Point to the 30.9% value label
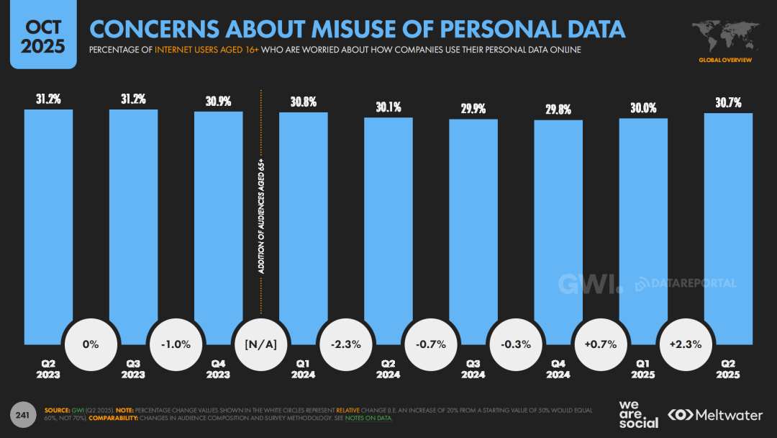pos(218,102)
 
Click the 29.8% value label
pos(558,110)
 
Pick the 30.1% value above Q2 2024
pos(388,107)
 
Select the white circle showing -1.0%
pos(176,344)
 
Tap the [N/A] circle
pos(260,344)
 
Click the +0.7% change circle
pos(601,344)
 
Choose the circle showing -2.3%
pos(345,344)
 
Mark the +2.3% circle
pos(686,344)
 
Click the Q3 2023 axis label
pos(133,370)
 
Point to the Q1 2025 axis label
pos(643,370)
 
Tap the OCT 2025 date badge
pos(43,37)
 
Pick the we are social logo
pos(638,414)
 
